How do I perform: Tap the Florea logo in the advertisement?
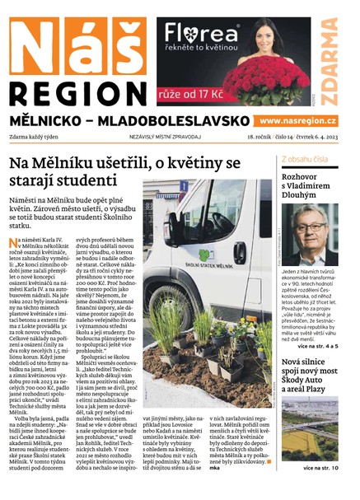click(199, 34)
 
